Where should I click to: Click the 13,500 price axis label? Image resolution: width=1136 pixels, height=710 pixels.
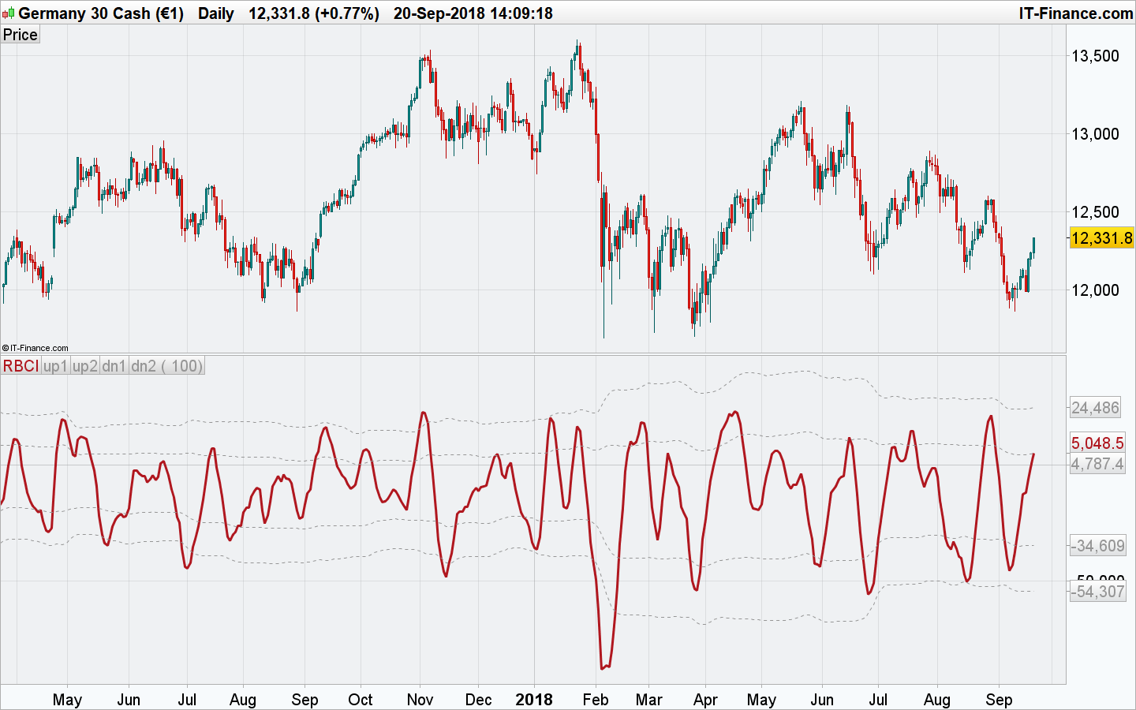[1094, 55]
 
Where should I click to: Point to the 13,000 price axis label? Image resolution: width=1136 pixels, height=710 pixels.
[1094, 133]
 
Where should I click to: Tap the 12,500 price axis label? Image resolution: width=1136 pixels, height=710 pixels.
[1094, 211]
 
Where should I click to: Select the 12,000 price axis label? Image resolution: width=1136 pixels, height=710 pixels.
[1094, 290]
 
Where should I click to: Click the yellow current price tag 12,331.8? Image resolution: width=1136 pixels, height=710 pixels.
[1101, 237]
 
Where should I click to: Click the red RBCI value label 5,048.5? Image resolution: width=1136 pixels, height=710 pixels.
[1097, 443]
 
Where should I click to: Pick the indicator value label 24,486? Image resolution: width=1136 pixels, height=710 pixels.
[1095, 408]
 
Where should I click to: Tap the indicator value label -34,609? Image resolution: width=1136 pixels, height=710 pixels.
[1097, 545]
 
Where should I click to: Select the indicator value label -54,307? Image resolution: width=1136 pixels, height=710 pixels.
[1097, 591]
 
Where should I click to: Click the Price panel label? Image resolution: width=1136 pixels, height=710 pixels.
[20, 35]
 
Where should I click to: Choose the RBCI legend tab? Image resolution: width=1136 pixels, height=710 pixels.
[21, 366]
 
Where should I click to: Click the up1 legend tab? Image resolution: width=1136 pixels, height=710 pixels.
[55, 366]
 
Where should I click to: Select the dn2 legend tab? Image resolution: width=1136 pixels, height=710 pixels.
[144, 366]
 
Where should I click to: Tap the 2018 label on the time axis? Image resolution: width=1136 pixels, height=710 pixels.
[534, 700]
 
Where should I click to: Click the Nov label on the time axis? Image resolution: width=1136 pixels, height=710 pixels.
[420, 700]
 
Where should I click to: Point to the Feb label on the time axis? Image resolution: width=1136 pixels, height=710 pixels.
[595, 700]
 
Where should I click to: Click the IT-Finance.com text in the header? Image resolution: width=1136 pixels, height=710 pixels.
[1075, 13]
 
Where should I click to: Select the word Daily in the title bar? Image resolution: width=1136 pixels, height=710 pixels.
[215, 13]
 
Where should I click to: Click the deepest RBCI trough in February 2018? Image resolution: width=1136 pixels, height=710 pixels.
[603, 668]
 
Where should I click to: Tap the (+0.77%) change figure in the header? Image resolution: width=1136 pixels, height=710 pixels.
[347, 13]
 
